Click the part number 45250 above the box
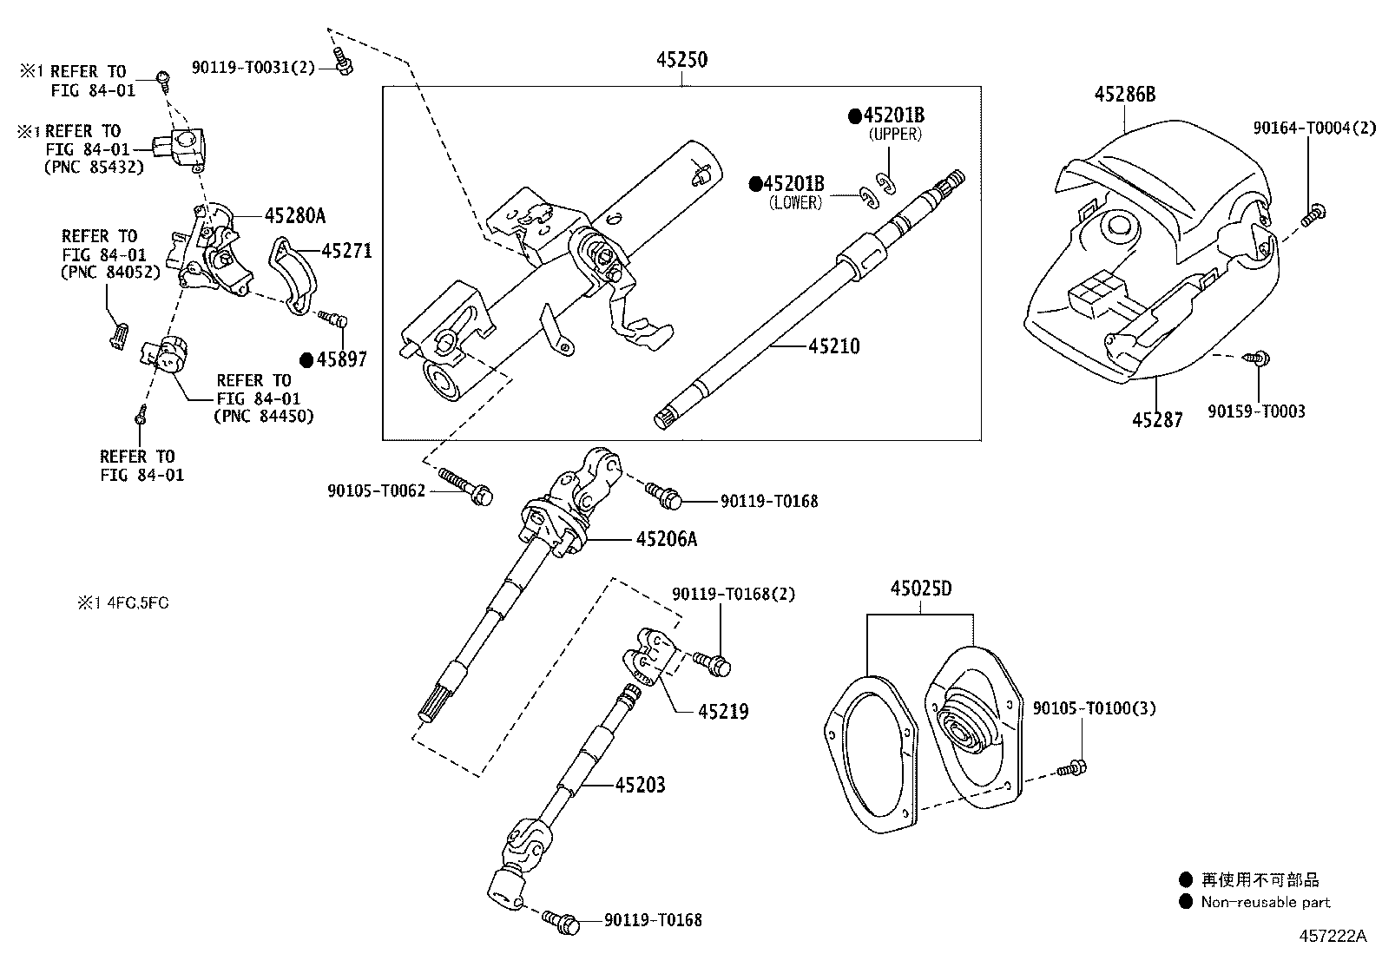click(681, 60)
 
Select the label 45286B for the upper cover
click(1124, 95)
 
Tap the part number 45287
click(1156, 420)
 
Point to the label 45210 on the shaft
click(833, 346)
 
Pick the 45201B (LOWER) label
click(793, 184)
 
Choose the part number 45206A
click(666, 539)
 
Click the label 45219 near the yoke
click(722, 712)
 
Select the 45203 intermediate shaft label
click(640, 786)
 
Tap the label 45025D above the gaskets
click(920, 589)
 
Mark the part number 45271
click(346, 251)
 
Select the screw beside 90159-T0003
click(1256, 357)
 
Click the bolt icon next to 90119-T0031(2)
click(343, 61)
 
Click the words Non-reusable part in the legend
click(1265, 903)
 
